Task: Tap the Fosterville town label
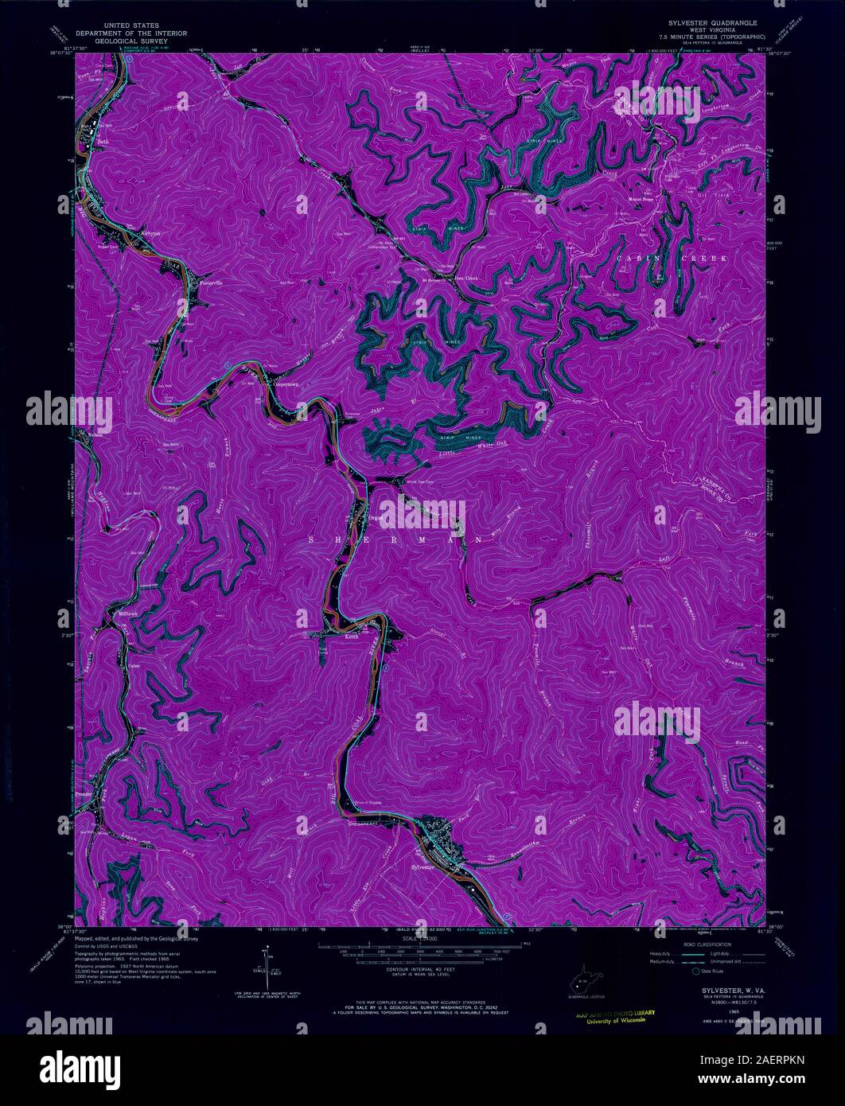[215, 282]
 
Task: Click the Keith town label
[351, 637]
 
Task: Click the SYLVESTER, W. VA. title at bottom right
[722, 990]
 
